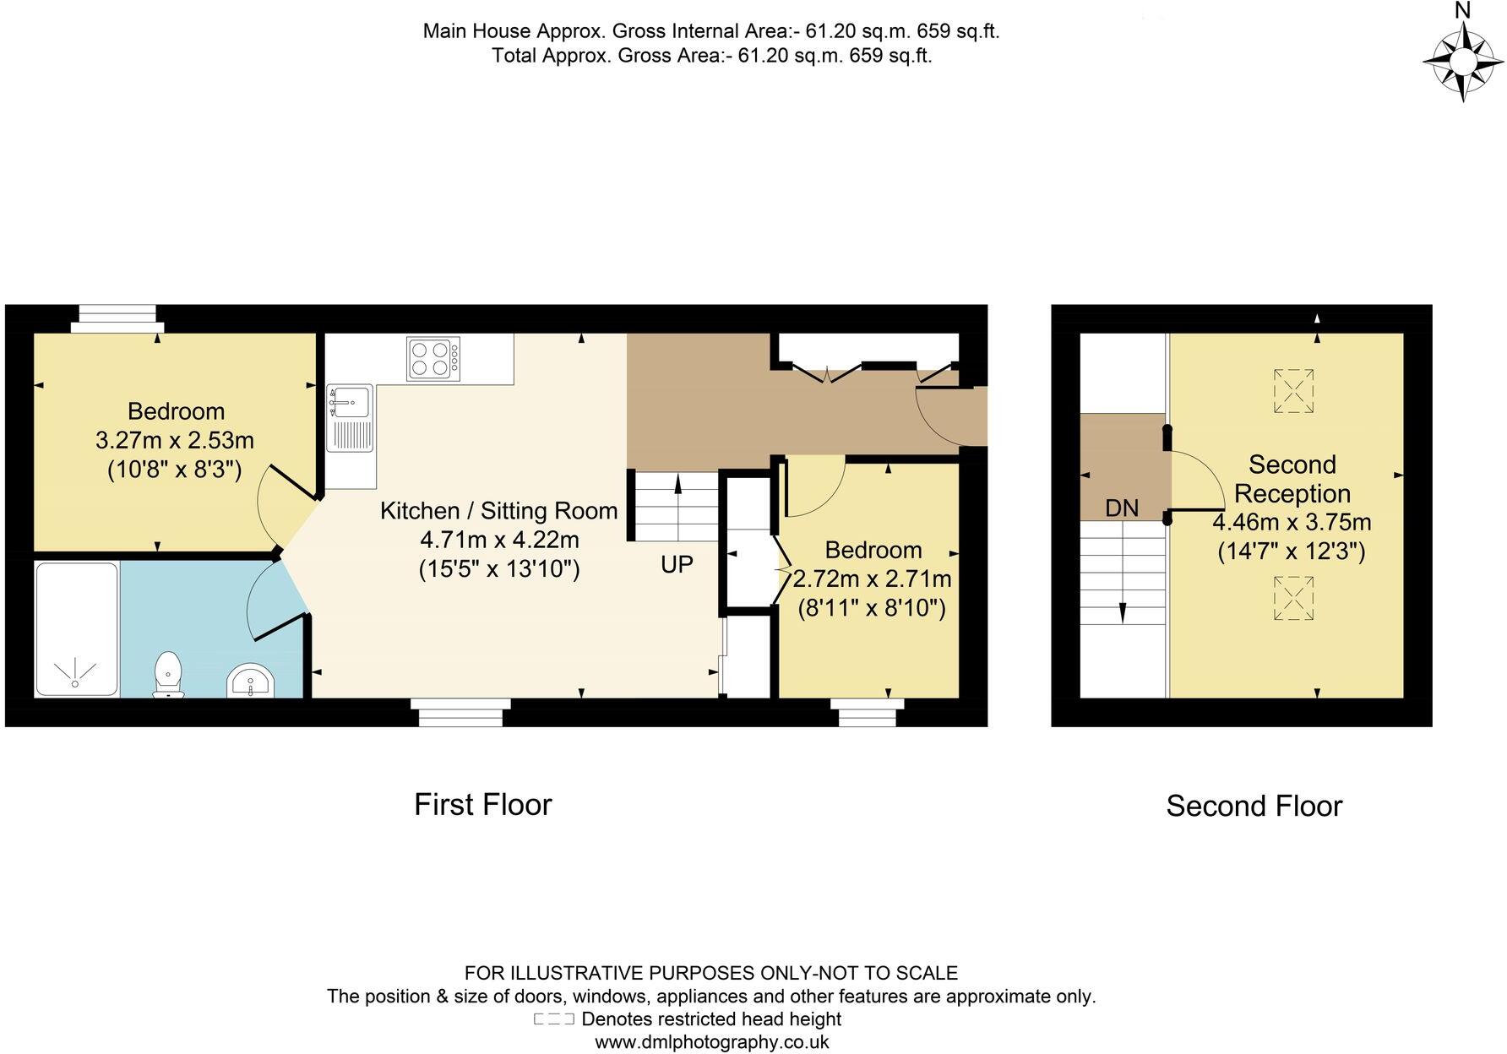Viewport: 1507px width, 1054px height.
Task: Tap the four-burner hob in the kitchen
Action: click(x=433, y=359)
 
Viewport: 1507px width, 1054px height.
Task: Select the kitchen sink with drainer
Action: click(x=351, y=419)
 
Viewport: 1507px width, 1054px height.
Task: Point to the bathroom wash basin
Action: click(x=250, y=682)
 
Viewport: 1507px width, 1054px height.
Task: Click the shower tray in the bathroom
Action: click(x=76, y=629)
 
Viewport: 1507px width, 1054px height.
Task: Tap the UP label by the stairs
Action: click(x=677, y=565)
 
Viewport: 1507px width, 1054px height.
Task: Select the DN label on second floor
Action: click(x=1122, y=508)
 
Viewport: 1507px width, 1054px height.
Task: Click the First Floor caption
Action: click(x=482, y=804)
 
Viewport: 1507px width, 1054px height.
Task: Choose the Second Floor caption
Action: click(x=1254, y=807)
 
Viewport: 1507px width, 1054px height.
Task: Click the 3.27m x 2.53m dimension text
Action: click(x=175, y=441)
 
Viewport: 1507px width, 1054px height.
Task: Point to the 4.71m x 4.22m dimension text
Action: click(x=499, y=540)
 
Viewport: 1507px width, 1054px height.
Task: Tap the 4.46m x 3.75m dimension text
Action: click(x=1292, y=523)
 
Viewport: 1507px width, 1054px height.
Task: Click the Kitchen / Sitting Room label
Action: click(x=498, y=511)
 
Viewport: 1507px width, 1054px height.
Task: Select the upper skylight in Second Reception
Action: click(x=1293, y=391)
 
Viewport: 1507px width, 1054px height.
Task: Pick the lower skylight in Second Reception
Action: click(x=1293, y=599)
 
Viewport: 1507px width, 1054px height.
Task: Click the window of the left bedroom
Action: click(x=117, y=318)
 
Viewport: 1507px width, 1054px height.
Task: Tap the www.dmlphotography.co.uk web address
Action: click(x=711, y=1042)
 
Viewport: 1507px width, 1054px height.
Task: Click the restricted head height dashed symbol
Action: click(x=554, y=1019)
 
